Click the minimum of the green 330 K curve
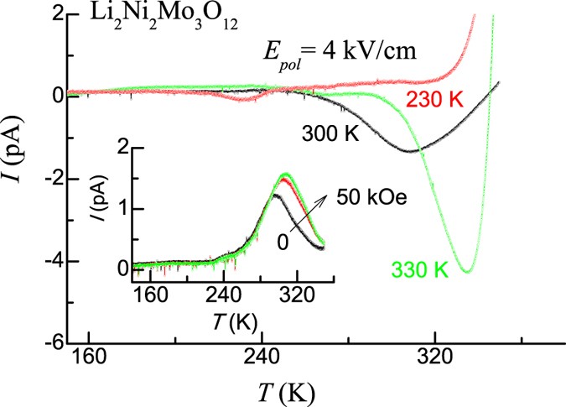coord(468,271)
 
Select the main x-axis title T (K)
coord(288,391)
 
